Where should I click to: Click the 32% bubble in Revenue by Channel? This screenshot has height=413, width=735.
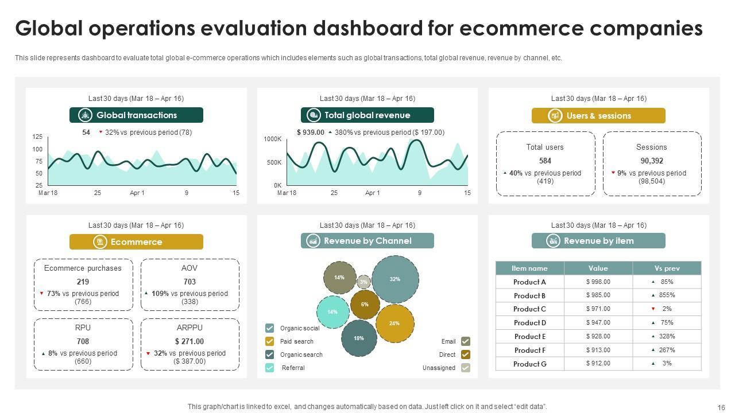pos(395,279)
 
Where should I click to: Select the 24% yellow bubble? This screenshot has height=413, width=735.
pos(394,324)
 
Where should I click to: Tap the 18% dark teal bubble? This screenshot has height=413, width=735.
pos(359,338)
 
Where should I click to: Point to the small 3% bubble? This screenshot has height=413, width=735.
pos(363,282)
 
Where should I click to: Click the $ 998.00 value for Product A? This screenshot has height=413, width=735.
pos(598,282)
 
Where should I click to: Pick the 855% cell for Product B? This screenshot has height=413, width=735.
pos(667,295)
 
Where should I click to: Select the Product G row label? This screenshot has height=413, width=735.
pos(529,364)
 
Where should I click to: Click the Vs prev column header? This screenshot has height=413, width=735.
pos(667,268)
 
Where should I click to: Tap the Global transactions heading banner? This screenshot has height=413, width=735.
pos(136,115)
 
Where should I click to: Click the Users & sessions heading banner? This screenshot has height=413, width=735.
pos(598,116)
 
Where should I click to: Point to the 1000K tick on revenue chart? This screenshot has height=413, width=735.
pos(273,139)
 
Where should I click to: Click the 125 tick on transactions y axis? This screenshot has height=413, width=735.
pos(37,137)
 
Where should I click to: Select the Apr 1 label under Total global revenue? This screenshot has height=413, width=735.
pos(372,193)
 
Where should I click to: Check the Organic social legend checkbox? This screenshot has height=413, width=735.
pos(269,328)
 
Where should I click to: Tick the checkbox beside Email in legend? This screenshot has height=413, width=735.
pos(466,341)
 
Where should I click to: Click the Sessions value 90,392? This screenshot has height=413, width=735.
pos(652,161)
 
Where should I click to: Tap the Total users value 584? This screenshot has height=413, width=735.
pos(545,161)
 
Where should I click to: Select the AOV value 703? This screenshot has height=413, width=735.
pos(189,282)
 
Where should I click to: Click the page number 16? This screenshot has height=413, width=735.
pos(721,407)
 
